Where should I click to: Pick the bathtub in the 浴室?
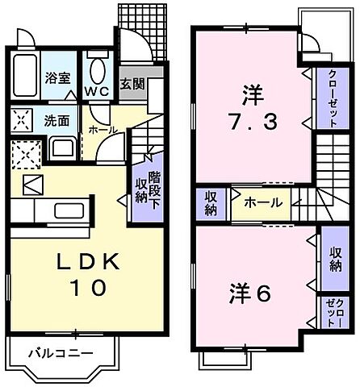(x=25, y=77)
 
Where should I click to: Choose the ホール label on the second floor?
(x=263, y=202)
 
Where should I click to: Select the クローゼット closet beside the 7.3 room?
(x=333, y=98)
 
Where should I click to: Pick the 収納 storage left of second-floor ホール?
(x=211, y=202)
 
